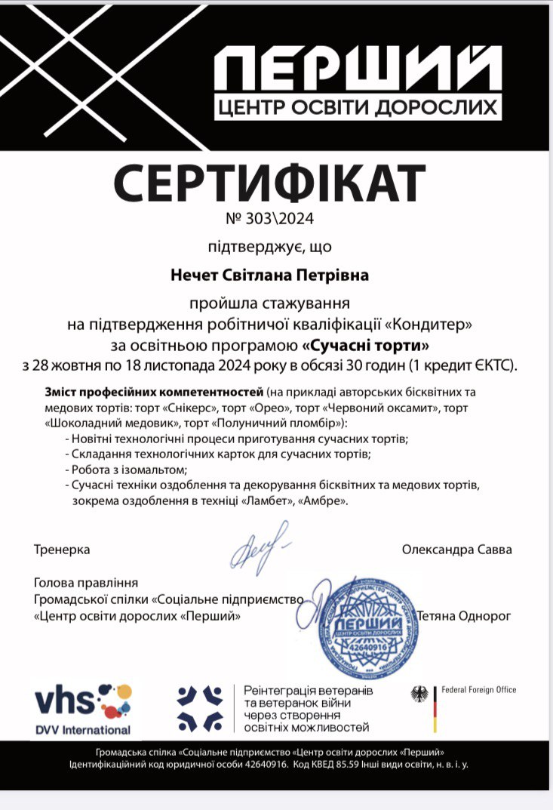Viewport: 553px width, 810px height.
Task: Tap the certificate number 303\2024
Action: (269, 220)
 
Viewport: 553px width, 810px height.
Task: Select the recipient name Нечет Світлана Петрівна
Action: (269, 275)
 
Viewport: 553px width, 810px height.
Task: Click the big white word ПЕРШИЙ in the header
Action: (356, 69)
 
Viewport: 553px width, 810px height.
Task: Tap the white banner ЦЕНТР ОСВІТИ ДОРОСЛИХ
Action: (357, 107)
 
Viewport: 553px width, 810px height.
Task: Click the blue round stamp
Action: (365, 626)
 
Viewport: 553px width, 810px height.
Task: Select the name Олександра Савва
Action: (456, 550)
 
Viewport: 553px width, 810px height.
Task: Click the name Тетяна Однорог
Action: (464, 616)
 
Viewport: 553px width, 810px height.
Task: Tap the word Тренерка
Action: (62, 550)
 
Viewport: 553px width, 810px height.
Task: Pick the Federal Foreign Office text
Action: (478, 690)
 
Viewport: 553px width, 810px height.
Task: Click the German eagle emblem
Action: (419, 693)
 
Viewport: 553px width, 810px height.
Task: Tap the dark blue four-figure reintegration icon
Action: (200, 707)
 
